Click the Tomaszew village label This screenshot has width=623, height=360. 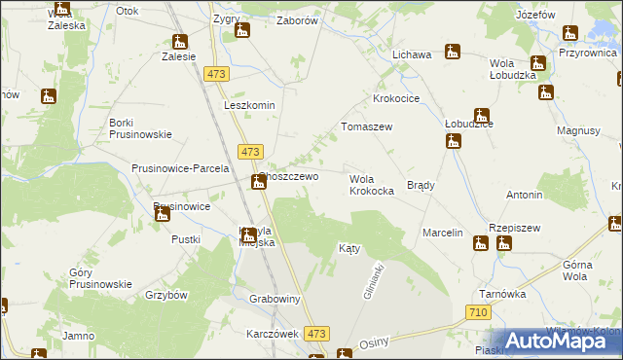(365, 127)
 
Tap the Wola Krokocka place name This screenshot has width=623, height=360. (371, 185)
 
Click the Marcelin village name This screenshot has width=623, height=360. (441, 234)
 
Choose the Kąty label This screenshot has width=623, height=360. (349, 248)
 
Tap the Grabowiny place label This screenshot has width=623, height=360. (274, 299)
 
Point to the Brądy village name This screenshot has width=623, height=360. (420, 185)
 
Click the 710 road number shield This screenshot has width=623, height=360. (477, 312)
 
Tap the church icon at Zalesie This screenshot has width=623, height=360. (179, 42)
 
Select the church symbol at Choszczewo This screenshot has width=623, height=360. (258, 182)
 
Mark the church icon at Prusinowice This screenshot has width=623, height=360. (163, 213)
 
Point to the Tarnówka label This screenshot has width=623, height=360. (502, 293)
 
